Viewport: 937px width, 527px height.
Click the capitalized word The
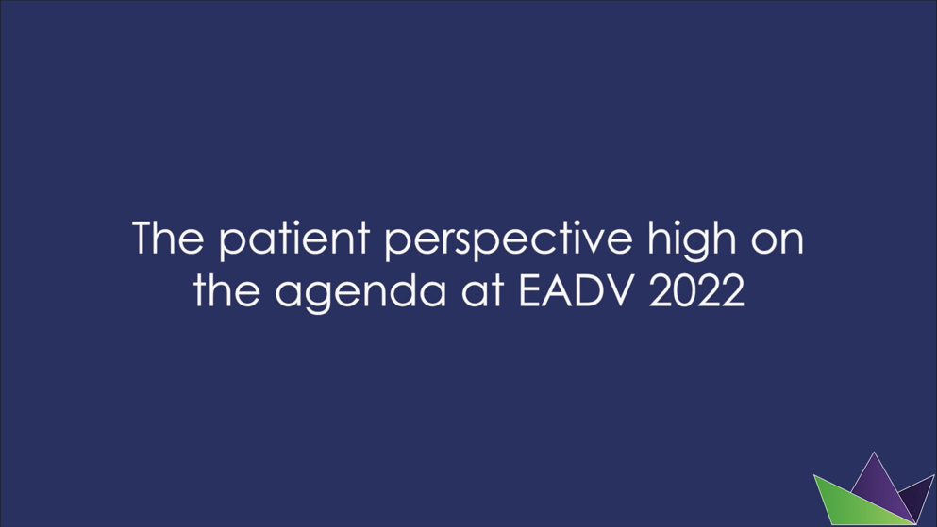pyautogui.click(x=166, y=239)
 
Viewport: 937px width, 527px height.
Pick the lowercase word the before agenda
pyautogui.click(x=225, y=291)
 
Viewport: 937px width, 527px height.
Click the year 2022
pyautogui.click(x=697, y=291)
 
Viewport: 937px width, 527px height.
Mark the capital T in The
pyautogui.click(x=144, y=239)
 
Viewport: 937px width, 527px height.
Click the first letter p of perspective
pyautogui.click(x=395, y=244)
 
